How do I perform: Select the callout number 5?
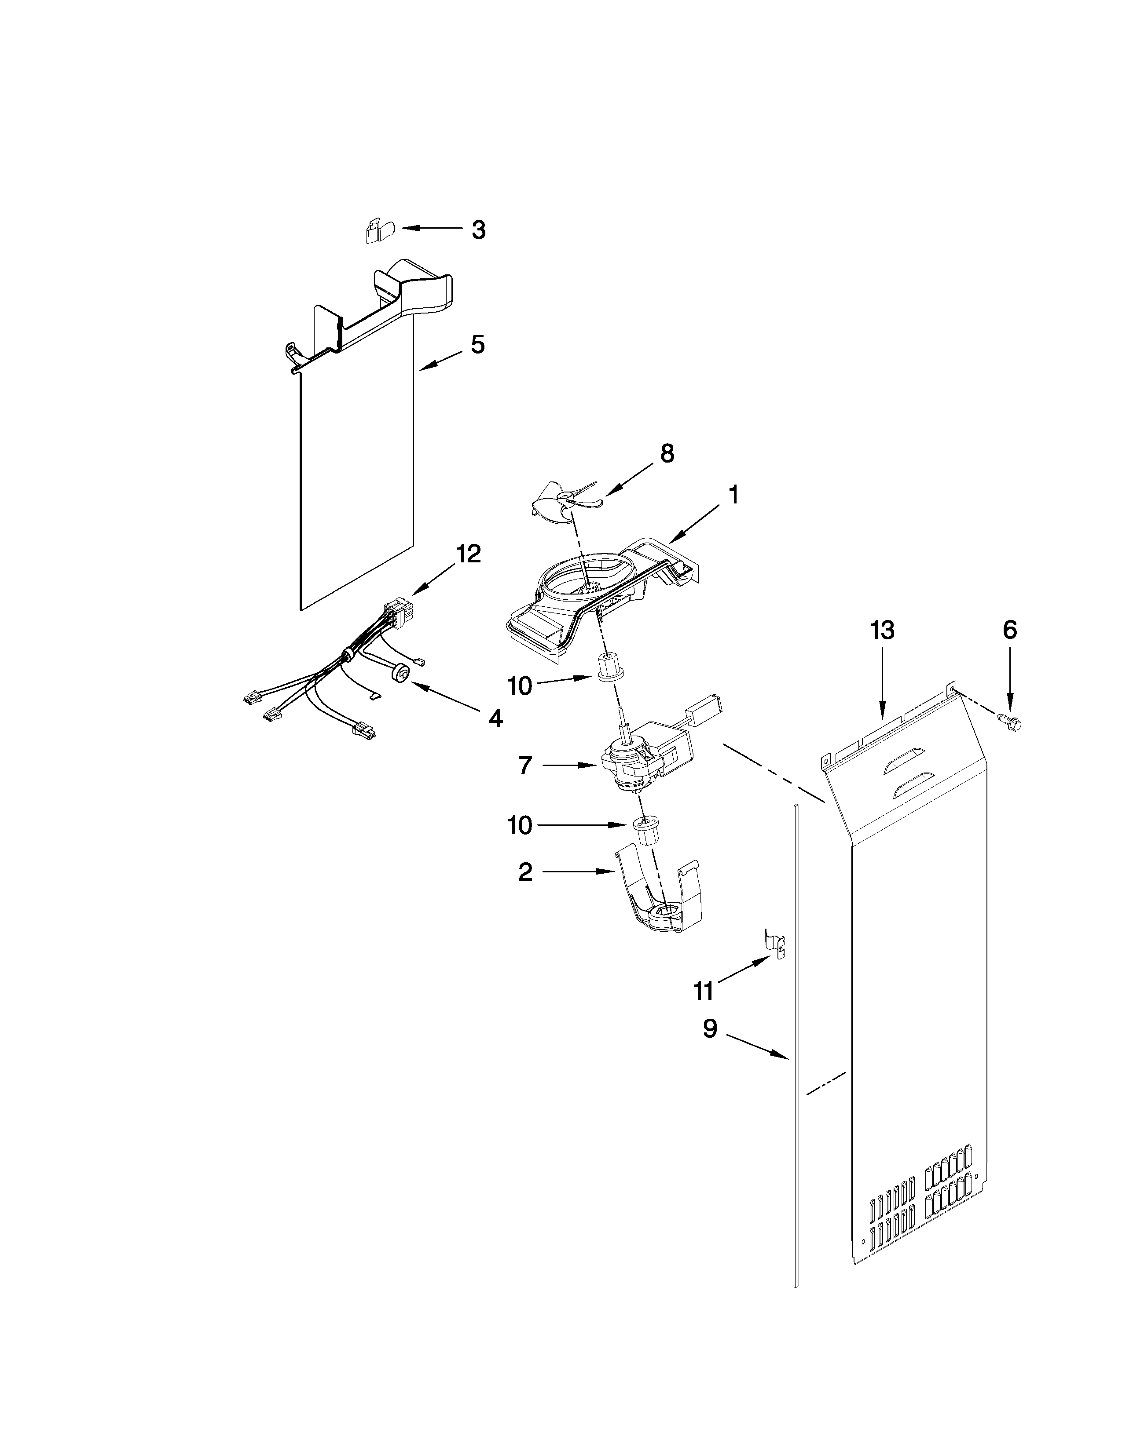478,344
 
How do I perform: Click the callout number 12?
468,554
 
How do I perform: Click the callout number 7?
525,766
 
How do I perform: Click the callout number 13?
883,630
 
